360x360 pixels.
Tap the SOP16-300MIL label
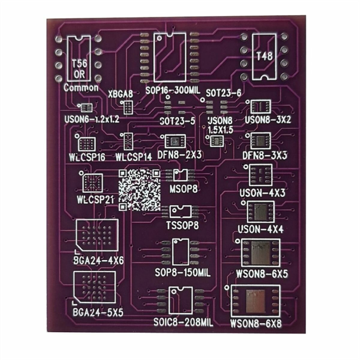(x=172, y=90)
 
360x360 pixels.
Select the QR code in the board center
(x=139, y=190)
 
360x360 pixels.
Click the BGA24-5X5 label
(x=98, y=313)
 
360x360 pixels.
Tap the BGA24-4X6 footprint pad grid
(x=97, y=235)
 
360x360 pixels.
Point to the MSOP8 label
(x=185, y=190)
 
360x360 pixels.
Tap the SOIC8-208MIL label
(x=183, y=323)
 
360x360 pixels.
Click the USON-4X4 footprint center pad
(x=260, y=212)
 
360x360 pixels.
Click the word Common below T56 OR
(x=81, y=88)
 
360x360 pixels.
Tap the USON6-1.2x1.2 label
(x=92, y=119)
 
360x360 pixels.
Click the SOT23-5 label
(x=177, y=121)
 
